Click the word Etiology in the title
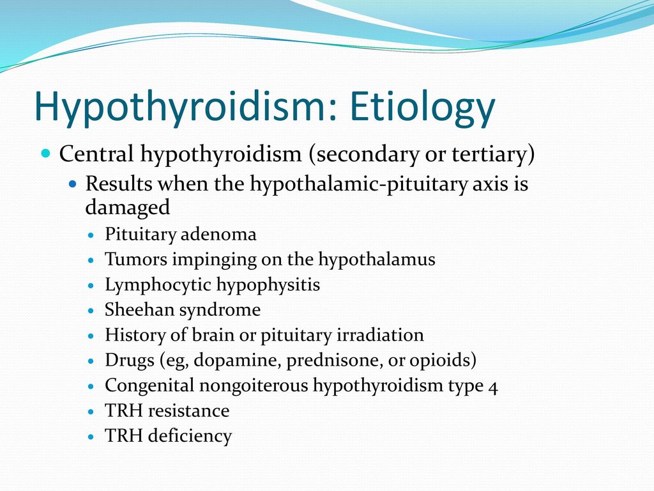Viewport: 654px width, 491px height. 422,107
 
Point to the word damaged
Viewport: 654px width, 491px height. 128,207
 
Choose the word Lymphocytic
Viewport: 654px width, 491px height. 158,285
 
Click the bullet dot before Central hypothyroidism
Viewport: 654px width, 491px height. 46,153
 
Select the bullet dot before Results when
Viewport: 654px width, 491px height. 73,183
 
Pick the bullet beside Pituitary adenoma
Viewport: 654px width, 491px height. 92,235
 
